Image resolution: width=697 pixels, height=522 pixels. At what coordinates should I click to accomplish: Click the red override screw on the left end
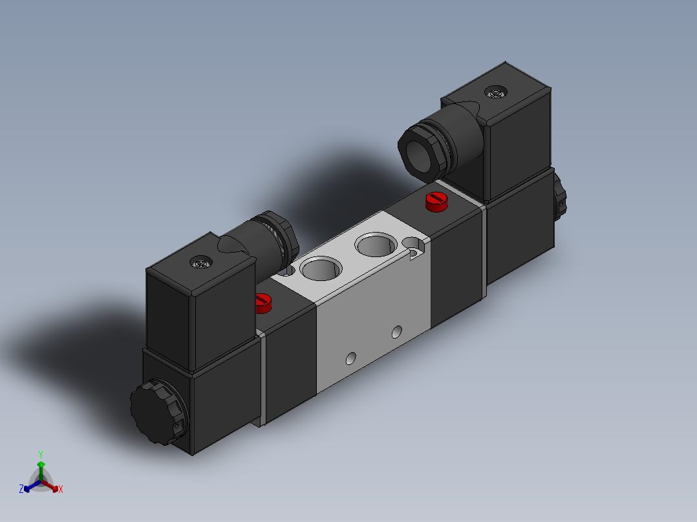(262, 302)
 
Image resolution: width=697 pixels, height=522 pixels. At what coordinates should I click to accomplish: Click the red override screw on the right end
(436, 201)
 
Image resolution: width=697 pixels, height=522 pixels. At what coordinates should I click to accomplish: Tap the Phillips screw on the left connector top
(201, 262)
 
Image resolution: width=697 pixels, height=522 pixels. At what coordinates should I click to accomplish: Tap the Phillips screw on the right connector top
(496, 94)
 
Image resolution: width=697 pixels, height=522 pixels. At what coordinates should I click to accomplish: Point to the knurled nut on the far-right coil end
(560, 200)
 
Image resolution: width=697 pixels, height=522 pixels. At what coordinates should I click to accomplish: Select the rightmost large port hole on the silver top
(375, 246)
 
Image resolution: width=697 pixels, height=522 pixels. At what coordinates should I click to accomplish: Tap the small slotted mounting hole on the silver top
(414, 244)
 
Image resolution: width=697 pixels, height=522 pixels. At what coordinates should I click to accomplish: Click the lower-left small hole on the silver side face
(351, 357)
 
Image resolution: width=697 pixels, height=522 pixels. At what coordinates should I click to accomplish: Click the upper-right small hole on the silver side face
(397, 333)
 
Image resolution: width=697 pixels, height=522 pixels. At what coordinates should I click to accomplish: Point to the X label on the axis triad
(61, 490)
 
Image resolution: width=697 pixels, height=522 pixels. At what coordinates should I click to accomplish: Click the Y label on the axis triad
(41, 454)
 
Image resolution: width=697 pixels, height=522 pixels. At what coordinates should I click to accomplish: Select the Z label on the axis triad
(21, 489)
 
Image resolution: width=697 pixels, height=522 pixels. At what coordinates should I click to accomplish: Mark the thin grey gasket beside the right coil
(483, 252)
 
